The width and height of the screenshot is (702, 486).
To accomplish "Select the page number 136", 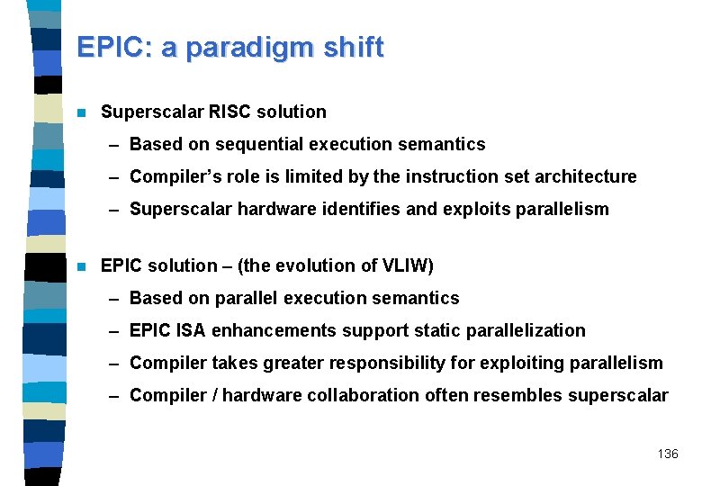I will tap(668, 454).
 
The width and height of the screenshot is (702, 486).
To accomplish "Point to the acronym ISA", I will tap(192, 330).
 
